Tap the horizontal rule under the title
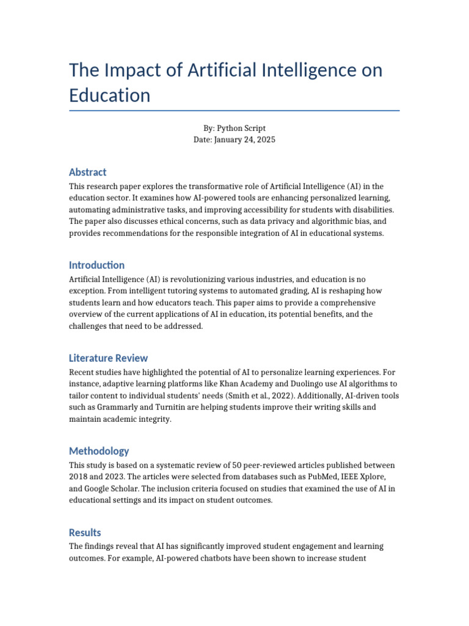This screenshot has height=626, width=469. [x=234, y=111]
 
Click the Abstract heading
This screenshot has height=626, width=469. [x=88, y=172]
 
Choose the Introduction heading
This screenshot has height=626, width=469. [x=96, y=265]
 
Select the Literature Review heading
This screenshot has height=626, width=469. [x=108, y=358]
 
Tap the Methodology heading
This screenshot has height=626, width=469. [x=99, y=451]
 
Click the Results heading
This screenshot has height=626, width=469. [x=85, y=532]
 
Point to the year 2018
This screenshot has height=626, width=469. [x=79, y=477]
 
